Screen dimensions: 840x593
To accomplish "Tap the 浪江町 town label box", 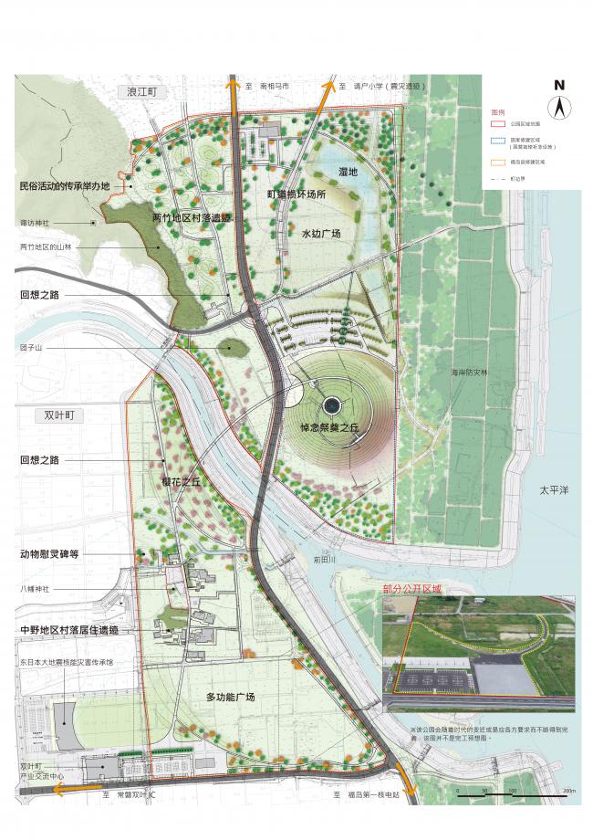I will pos(144,92).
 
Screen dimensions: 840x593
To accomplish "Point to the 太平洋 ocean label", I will pos(552,490).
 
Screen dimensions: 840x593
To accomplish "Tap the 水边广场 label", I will pos(321,235).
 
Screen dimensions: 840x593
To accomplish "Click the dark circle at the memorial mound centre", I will pos(330,405).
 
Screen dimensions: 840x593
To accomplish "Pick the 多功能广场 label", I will pos(230,698).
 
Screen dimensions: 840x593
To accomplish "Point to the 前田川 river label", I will pos(325,562).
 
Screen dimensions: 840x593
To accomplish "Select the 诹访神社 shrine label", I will pos(36,221).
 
